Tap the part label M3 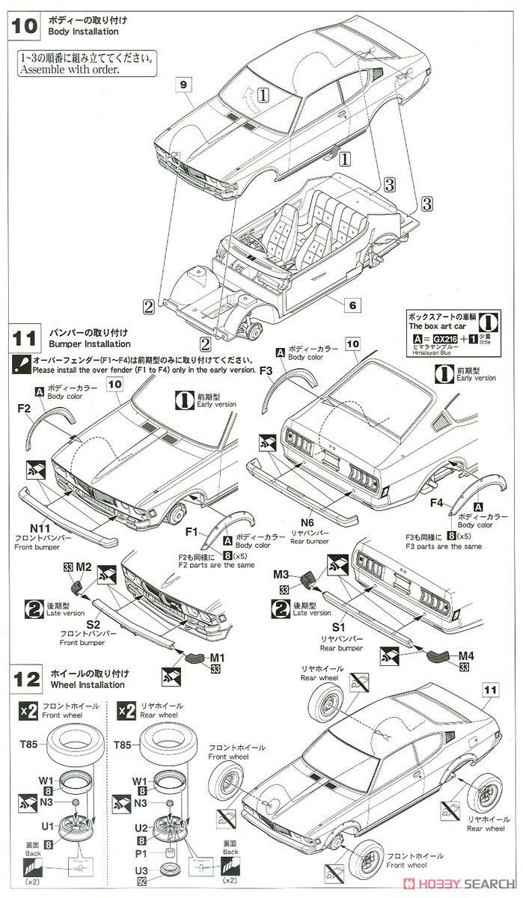coord(282,574)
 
